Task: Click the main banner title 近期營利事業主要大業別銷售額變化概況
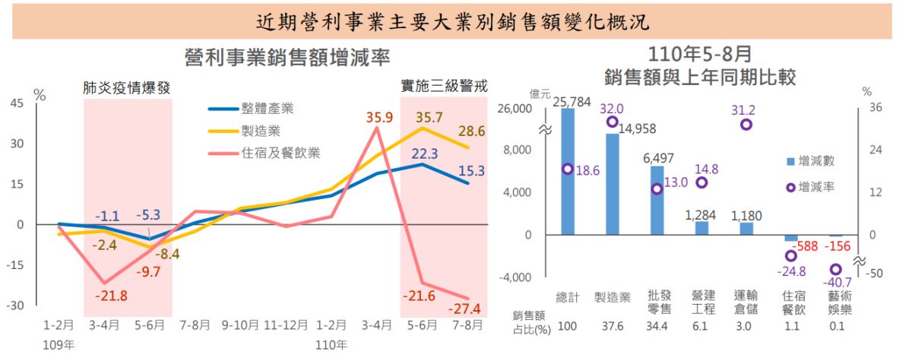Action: (x=453, y=21)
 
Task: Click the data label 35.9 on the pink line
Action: (x=378, y=117)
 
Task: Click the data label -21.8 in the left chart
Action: (x=112, y=296)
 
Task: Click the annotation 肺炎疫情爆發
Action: (x=126, y=87)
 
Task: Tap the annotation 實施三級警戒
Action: (x=444, y=86)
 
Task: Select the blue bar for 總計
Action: (x=568, y=171)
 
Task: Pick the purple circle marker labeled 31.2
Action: (x=746, y=124)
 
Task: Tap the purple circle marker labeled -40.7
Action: (x=835, y=269)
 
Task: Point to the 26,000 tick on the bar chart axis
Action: (x=516, y=109)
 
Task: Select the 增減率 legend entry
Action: (x=815, y=186)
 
